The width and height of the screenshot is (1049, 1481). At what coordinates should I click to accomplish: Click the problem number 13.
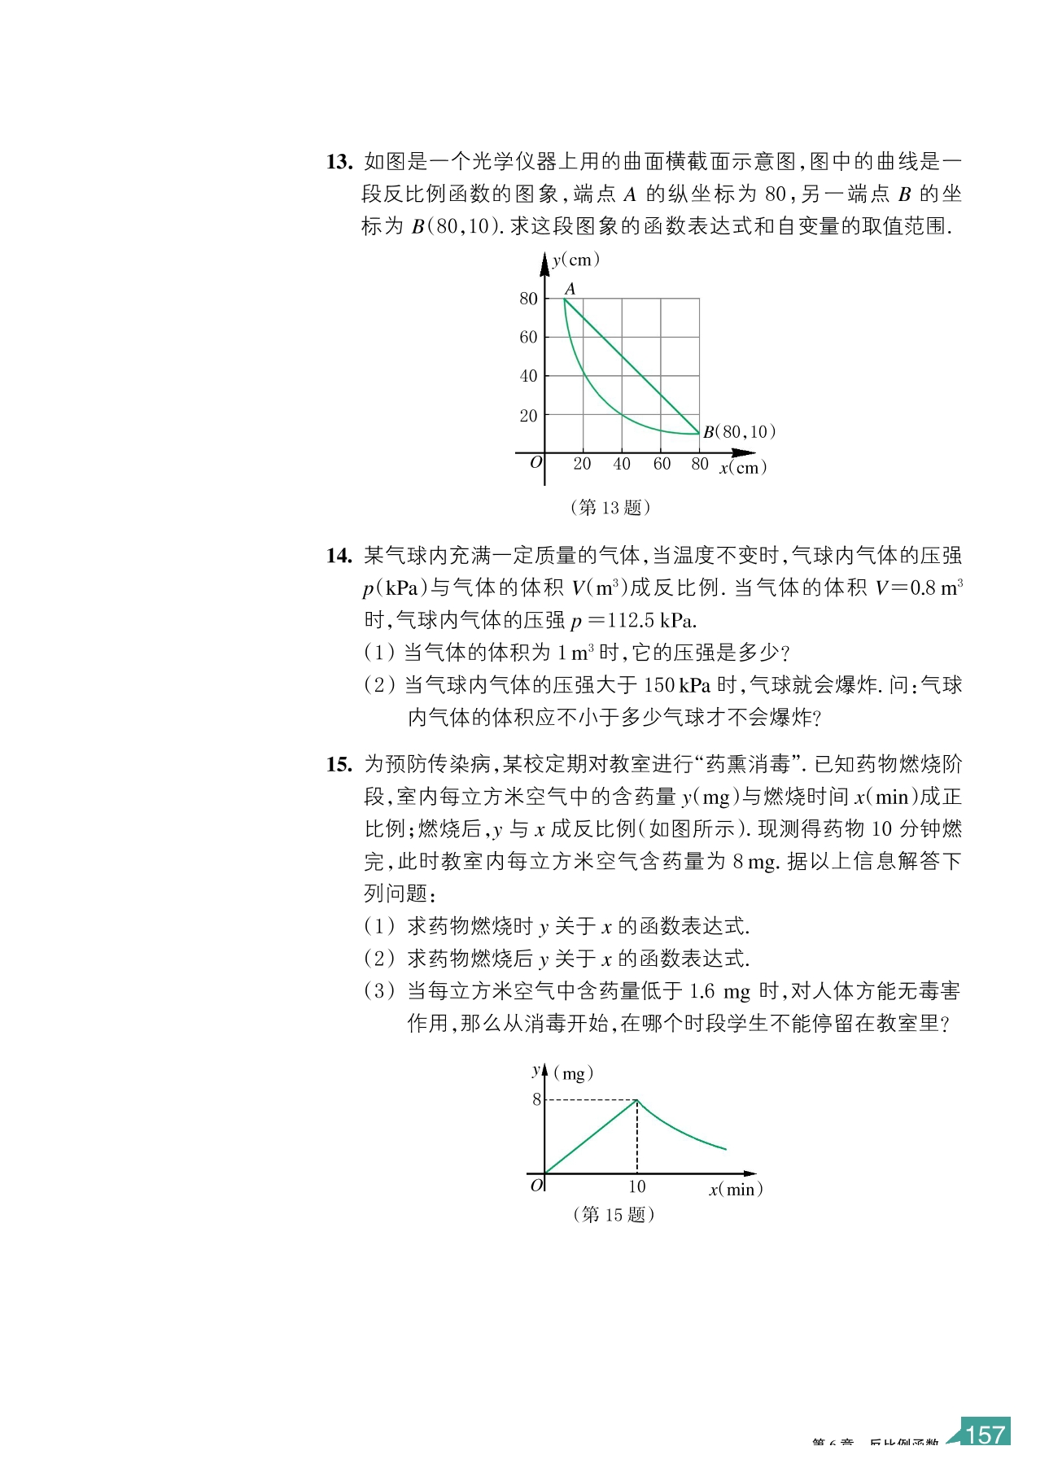click(x=339, y=162)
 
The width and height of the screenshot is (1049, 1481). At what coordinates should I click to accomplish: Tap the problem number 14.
click(x=339, y=556)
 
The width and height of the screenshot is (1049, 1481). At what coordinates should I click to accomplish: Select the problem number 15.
click(x=339, y=764)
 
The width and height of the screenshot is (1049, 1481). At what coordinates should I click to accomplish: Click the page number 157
click(x=985, y=1434)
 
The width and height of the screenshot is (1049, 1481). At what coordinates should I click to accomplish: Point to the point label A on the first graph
click(x=570, y=289)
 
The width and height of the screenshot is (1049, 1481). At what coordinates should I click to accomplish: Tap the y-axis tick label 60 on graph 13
click(x=529, y=337)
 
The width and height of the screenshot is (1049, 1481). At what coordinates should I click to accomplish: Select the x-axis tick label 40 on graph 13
click(x=622, y=464)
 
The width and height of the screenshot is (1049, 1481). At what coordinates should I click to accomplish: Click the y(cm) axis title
click(x=575, y=260)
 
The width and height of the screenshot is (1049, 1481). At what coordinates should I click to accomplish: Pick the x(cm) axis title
click(x=742, y=468)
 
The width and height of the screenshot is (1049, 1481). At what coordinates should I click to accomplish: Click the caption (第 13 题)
click(x=610, y=508)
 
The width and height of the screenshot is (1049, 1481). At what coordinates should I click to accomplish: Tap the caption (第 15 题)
click(x=614, y=1214)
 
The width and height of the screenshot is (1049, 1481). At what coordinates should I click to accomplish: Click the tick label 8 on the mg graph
click(x=536, y=1099)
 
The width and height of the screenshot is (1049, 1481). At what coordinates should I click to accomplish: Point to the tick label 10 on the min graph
click(x=636, y=1187)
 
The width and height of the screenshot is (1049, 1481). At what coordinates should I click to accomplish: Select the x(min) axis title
click(x=736, y=1189)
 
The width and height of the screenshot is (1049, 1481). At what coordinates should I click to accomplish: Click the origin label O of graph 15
click(x=536, y=1186)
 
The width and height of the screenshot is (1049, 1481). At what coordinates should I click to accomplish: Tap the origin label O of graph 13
click(x=535, y=462)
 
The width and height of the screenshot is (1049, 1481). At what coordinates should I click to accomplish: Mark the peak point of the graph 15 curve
click(x=637, y=1100)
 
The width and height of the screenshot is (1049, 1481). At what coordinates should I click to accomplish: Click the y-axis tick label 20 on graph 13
click(x=529, y=416)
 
